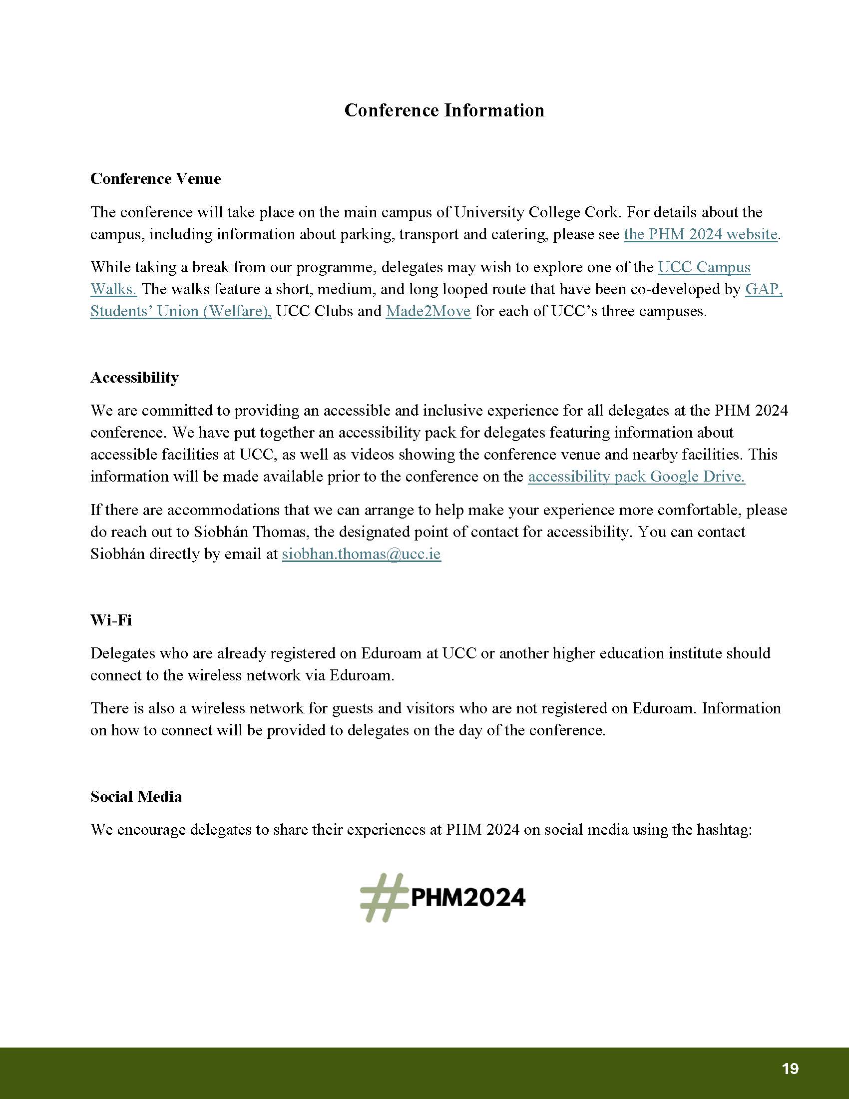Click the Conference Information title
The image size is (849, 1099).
444,110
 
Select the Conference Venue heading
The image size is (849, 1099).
155,179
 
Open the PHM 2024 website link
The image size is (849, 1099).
701,234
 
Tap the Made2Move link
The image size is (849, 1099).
428,312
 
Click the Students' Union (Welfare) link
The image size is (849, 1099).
181,312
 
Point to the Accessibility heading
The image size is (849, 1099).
134,377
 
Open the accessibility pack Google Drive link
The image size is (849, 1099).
636,477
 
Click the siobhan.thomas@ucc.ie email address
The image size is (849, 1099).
361,554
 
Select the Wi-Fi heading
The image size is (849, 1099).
111,620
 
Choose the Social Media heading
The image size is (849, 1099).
136,797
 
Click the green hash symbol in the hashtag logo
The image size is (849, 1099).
383,898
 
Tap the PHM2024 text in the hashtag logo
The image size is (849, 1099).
468,898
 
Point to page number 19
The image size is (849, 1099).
790,1069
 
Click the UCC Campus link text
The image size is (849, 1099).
704,267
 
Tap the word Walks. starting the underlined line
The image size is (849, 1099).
114,289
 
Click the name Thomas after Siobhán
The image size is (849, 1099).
281,532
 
